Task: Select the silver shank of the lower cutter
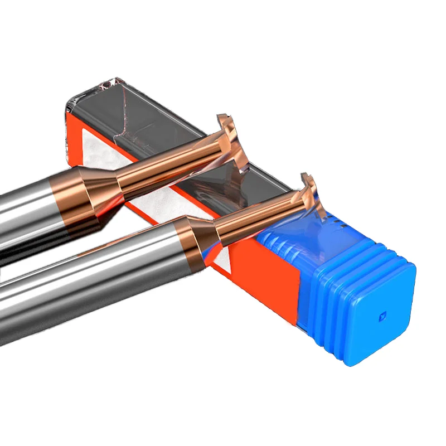coord(84,279)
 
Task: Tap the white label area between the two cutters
coord(153,209)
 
